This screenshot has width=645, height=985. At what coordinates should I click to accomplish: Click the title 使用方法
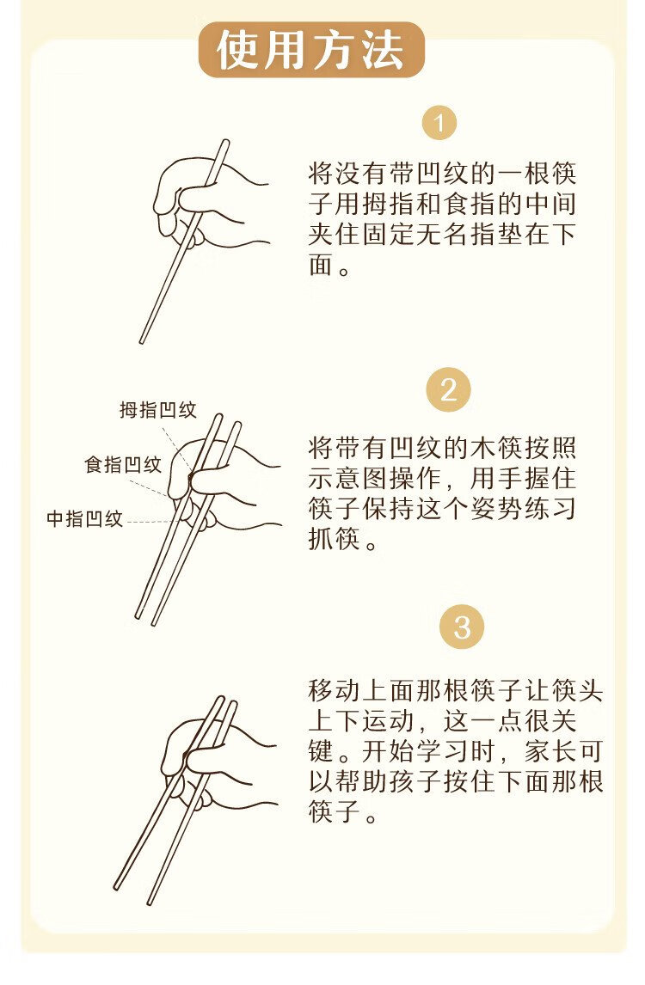[x=310, y=50]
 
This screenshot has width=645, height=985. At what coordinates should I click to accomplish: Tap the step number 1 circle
[x=439, y=123]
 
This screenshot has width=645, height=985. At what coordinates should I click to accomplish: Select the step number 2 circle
[x=448, y=390]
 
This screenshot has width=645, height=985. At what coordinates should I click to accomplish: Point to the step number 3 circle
[x=462, y=627]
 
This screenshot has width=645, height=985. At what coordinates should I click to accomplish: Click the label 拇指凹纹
[x=158, y=410]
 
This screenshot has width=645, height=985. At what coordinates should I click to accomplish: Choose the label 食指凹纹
[x=123, y=465]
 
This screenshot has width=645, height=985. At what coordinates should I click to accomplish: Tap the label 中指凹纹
[x=85, y=519]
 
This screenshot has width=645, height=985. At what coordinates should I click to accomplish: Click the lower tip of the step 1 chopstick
[x=142, y=341]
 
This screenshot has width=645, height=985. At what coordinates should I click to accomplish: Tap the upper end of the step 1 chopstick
[x=225, y=142]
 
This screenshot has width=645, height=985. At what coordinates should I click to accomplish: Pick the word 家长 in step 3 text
[x=551, y=751]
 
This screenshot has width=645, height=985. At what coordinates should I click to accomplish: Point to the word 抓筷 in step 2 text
[x=335, y=538]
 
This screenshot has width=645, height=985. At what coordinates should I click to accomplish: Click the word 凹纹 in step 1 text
[x=443, y=174]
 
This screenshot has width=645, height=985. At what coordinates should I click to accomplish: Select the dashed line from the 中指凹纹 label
[x=150, y=522]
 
